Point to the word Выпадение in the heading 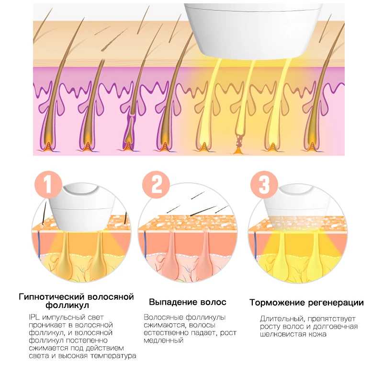coord(170,302)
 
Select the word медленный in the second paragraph coord(164,340)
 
